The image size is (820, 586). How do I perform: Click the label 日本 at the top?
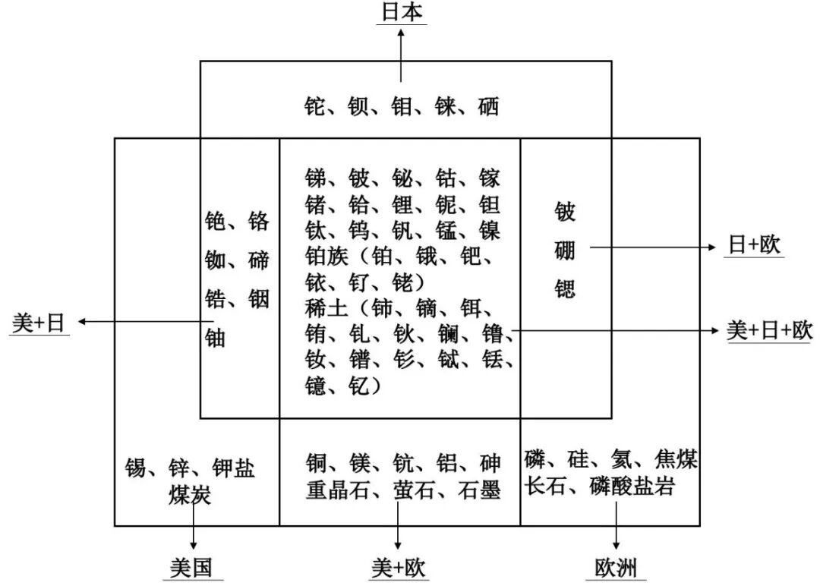tap(402, 13)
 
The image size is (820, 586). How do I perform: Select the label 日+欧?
tap(754, 245)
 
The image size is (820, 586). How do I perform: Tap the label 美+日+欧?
tap(770, 330)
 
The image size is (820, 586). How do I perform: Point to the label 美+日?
tap(39, 323)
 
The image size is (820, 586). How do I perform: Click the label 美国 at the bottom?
tap(191, 567)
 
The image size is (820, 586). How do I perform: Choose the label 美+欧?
tap(398, 567)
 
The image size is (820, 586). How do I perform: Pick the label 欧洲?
tap(616, 567)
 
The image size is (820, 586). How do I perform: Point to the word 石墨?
tap(480, 490)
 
